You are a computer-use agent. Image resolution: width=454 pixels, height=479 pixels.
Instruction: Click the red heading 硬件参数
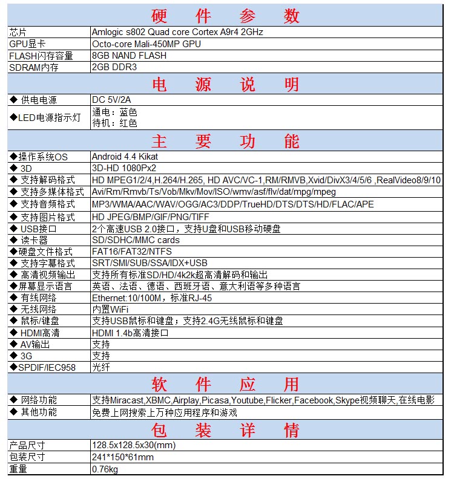click(x=225, y=15)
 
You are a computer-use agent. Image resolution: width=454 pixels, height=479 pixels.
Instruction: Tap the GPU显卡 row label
click(x=27, y=44)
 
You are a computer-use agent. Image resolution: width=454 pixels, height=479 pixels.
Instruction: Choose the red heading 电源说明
click(x=225, y=84)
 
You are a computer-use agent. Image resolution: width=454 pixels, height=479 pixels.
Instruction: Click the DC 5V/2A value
click(x=111, y=100)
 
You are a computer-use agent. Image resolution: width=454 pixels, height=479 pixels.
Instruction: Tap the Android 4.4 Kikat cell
click(x=125, y=157)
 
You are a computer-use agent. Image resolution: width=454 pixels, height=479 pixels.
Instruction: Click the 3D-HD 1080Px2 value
click(x=123, y=168)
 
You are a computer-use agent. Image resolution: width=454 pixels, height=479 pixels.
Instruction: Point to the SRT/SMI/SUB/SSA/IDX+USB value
click(x=150, y=263)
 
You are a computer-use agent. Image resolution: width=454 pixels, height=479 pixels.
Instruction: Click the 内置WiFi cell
click(x=110, y=310)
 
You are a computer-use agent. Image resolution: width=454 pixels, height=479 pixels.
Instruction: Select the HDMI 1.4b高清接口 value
click(x=130, y=333)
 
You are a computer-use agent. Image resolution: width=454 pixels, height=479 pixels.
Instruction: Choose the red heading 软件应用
click(x=225, y=384)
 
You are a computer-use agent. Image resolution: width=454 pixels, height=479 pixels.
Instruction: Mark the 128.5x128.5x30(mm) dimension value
click(x=133, y=446)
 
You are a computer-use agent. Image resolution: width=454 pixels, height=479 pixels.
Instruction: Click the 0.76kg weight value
click(x=105, y=469)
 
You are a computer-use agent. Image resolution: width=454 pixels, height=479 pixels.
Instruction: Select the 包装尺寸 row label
click(x=27, y=457)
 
